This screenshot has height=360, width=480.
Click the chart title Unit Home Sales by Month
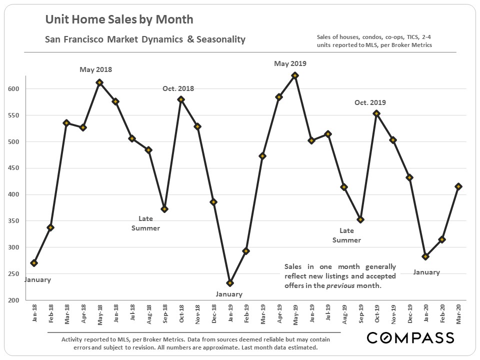pos(119,20)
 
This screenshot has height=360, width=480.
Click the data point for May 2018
pos(99,82)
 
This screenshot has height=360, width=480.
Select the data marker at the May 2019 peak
pos(295,75)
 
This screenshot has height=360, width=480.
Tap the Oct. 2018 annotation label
pos(178,89)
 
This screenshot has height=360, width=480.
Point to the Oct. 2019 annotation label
pos(370,103)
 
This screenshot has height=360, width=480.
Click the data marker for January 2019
pos(230,283)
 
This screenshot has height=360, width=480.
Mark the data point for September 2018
pos(164,209)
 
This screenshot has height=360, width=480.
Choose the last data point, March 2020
pos(458,186)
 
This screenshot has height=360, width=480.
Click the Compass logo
pos(410,338)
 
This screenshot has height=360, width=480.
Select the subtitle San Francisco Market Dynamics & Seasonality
pos(145,39)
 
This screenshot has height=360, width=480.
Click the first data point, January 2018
pos(34,263)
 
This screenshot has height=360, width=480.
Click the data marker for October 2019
pos(376,113)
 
